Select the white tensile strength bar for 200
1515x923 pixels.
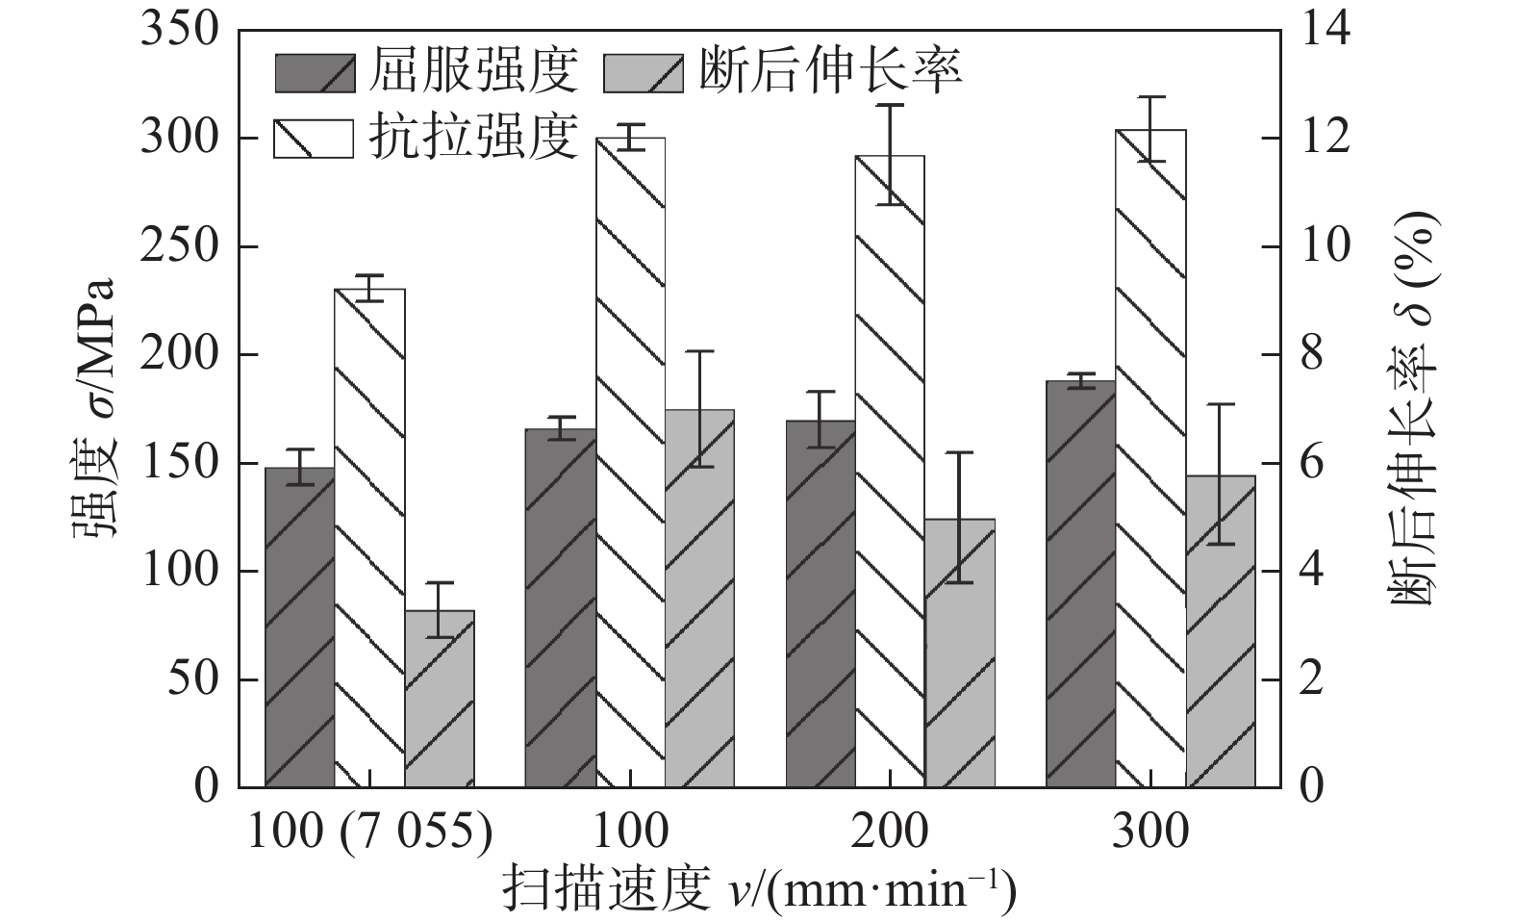click(x=890, y=472)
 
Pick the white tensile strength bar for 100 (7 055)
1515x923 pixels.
click(x=369, y=538)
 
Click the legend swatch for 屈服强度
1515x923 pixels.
click(x=313, y=72)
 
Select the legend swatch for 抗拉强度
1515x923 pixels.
click(x=313, y=138)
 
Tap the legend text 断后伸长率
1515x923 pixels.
click(x=829, y=71)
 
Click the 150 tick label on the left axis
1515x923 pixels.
click(x=181, y=463)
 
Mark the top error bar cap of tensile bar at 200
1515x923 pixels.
click(x=890, y=105)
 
